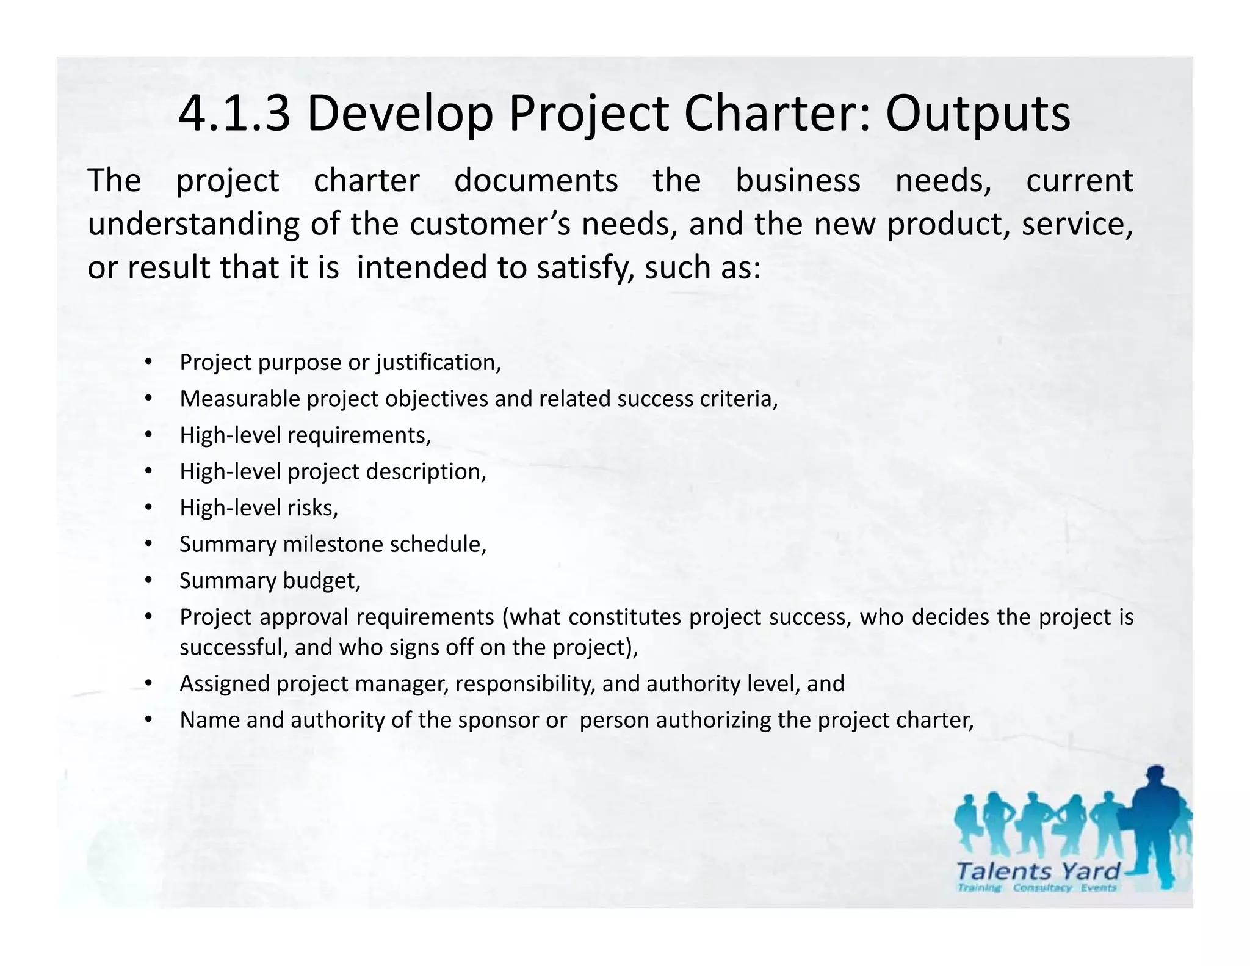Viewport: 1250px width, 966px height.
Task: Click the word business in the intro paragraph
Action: click(x=798, y=181)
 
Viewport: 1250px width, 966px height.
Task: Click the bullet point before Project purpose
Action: click(x=148, y=363)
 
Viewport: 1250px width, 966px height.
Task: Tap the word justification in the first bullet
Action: click(x=438, y=363)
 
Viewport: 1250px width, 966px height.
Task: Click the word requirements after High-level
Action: click(x=358, y=435)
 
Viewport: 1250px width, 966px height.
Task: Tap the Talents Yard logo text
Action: click(x=1038, y=871)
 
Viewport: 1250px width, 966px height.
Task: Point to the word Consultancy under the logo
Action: click(x=1042, y=888)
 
